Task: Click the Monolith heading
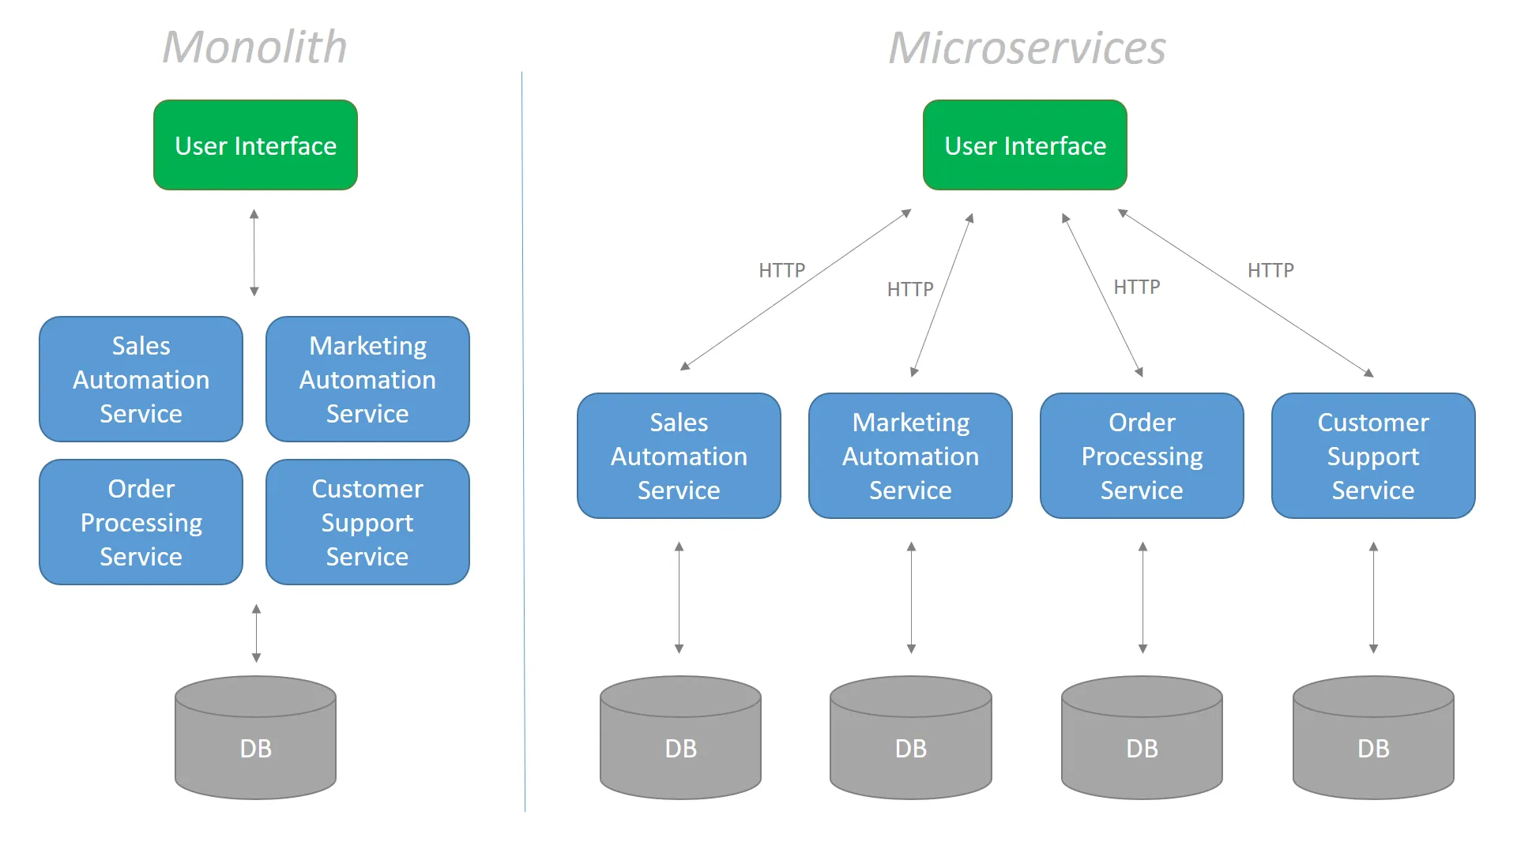(x=254, y=47)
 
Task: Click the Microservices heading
(x=1026, y=48)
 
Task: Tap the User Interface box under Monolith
(x=255, y=145)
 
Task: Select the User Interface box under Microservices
(x=1025, y=145)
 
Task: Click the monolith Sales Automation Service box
(x=141, y=379)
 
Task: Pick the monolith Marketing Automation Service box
(x=367, y=379)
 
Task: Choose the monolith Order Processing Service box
(x=141, y=522)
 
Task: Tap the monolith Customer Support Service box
(x=367, y=522)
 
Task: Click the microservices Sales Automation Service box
(x=679, y=456)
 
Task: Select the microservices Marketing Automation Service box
(x=910, y=456)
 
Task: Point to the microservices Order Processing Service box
(x=1142, y=456)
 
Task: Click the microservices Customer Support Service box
(x=1373, y=456)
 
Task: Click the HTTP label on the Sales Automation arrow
(x=781, y=270)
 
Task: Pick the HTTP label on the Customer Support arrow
(x=1270, y=270)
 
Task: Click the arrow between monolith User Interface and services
(x=254, y=253)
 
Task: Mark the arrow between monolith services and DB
(x=256, y=633)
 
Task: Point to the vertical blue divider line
(x=523, y=442)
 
